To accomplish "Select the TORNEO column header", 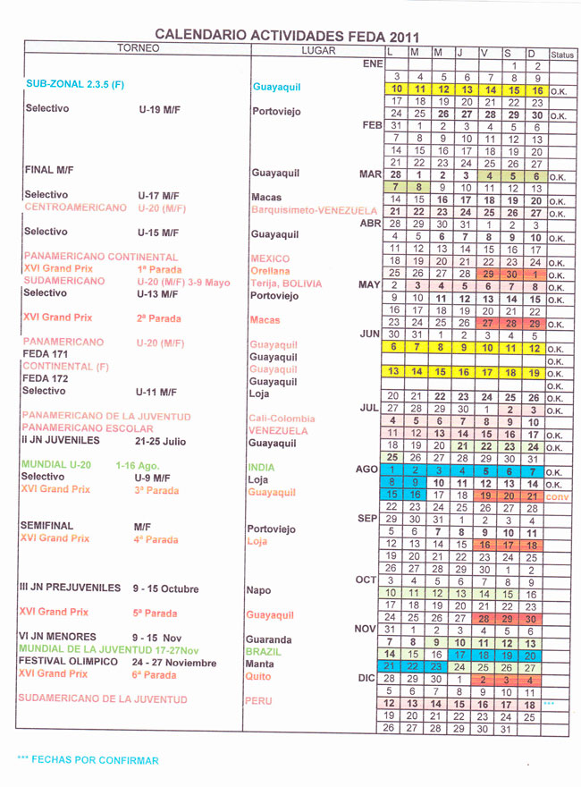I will pos(139,48).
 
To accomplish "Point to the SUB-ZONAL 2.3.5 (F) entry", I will pos(75,84).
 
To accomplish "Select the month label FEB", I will pos(372,126).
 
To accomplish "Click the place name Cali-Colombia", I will pos(282,419).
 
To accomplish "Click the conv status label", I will pos(558,496).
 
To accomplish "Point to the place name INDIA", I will pos(261,468).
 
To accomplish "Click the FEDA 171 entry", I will pos(46,354).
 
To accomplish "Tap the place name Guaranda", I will pos(269,639).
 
